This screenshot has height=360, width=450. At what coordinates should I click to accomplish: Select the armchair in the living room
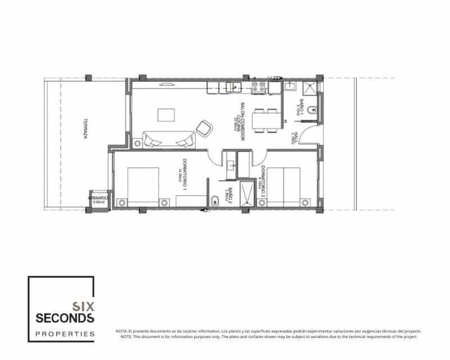tap(205, 127)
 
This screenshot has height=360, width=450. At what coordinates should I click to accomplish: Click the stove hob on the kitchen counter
tap(260, 87)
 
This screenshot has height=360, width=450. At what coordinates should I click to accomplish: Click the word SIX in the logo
tap(84, 307)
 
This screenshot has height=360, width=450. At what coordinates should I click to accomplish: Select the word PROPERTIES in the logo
tap(65, 334)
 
